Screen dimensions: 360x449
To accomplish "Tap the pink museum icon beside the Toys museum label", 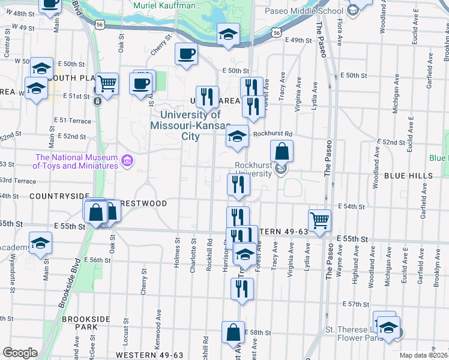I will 127,160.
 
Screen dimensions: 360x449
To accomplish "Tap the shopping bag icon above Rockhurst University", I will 282,151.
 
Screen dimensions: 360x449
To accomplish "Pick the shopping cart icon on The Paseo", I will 320,220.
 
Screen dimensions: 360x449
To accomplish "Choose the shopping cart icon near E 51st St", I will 107,84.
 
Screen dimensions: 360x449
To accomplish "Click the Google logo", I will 19,353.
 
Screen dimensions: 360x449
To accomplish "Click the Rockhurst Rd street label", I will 272,134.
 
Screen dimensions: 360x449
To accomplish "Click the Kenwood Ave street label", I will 160,322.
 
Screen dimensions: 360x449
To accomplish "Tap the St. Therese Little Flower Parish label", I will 354,334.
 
